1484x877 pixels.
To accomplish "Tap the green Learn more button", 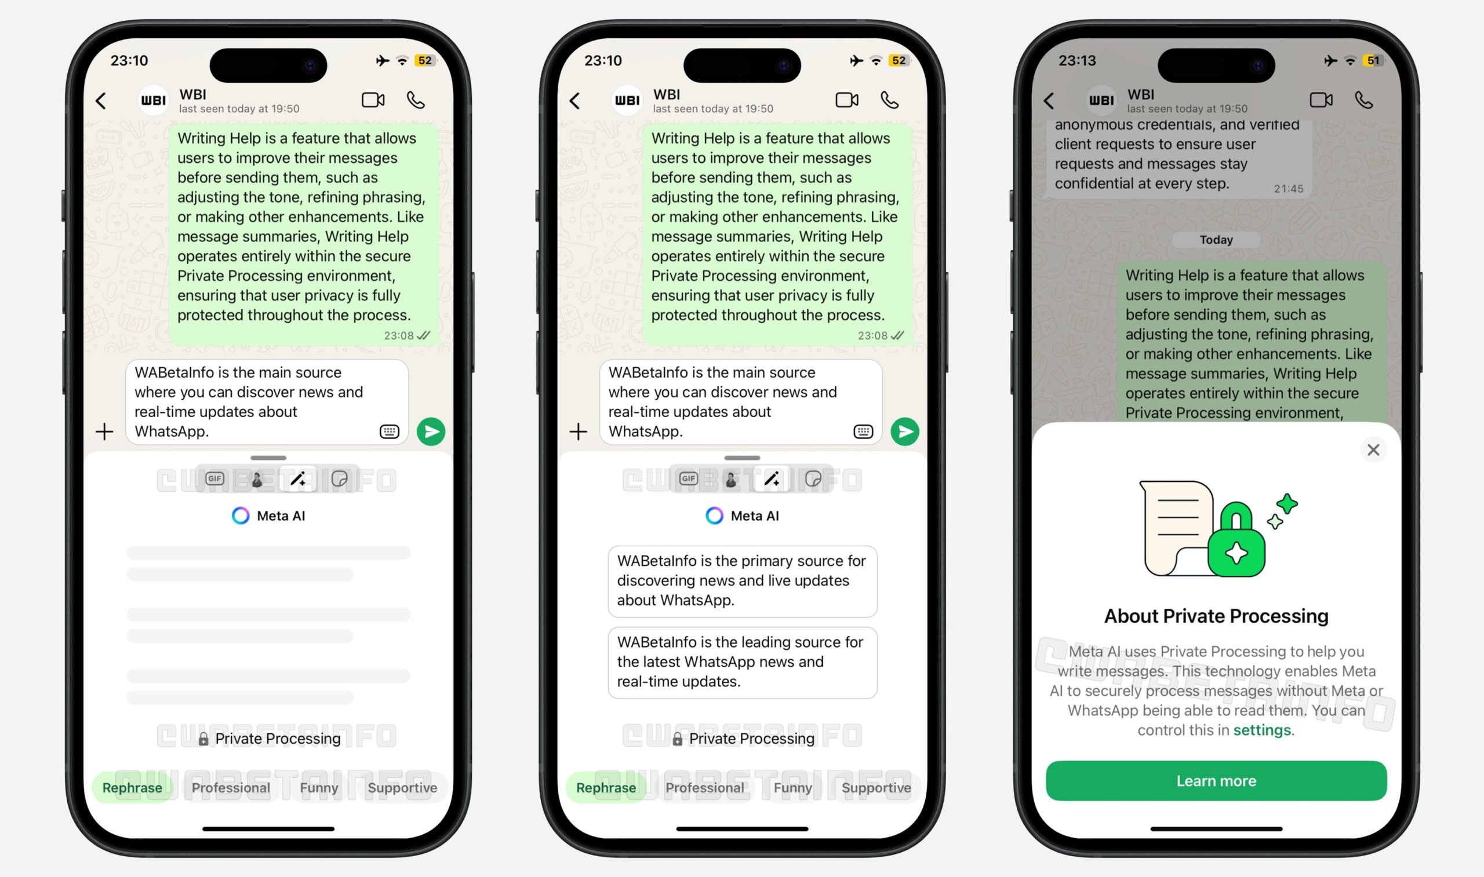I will point(1216,781).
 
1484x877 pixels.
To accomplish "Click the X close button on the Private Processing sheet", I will point(1373,450).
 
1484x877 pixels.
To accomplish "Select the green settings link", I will point(1262,730).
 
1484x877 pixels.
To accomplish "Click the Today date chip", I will point(1216,240).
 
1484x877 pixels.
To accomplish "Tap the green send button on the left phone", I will point(431,432).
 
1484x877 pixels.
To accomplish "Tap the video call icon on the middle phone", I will point(847,100).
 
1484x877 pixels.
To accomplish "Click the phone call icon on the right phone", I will point(1363,100).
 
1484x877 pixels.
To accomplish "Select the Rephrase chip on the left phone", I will point(132,788).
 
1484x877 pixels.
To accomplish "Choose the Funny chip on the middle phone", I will point(792,788).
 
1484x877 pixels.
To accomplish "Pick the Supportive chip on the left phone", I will point(402,788).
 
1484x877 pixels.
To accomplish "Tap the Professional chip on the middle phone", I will point(704,788).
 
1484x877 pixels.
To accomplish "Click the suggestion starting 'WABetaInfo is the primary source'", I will point(742,581).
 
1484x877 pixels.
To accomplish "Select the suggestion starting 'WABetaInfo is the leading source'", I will point(742,662).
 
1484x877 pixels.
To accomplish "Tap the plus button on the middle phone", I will point(578,432).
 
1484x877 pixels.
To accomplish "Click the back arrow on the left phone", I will point(101,101).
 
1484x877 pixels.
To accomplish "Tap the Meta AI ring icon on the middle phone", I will point(714,516).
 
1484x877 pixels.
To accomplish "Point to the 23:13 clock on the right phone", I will point(1076,61).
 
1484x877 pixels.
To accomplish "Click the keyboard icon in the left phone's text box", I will point(389,432).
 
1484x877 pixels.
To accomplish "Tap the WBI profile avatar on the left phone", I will point(153,100).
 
